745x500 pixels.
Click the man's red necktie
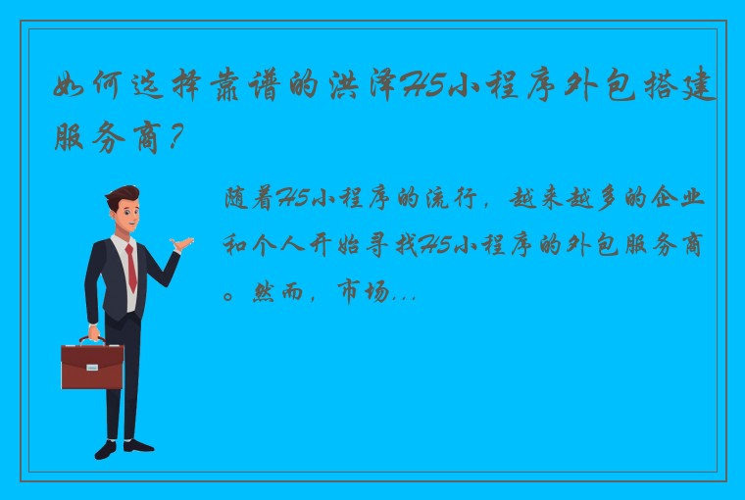click(129, 266)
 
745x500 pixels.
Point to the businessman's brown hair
click(124, 196)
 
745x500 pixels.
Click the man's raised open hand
click(179, 242)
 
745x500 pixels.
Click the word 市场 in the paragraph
click(364, 293)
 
